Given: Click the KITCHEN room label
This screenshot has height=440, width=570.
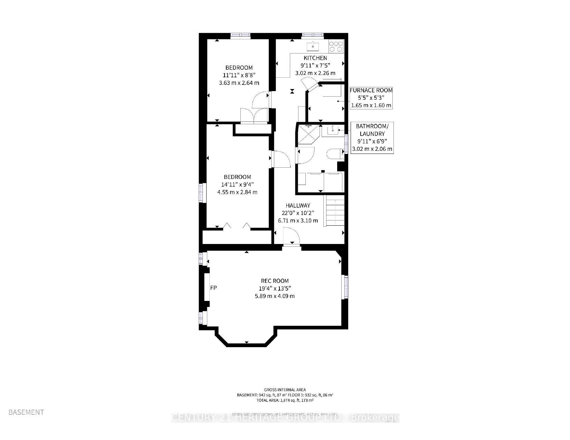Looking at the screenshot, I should [x=315, y=58].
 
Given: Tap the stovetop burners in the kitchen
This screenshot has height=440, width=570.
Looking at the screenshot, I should [x=336, y=46].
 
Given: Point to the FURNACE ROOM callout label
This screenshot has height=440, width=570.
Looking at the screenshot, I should [x=371, y=90].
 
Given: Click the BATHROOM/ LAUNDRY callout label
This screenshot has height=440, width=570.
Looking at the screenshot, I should [x=372, y=130].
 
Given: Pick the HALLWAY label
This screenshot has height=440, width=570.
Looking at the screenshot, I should [x=298, y=205].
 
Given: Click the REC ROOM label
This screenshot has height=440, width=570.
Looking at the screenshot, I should [x=275, y=281].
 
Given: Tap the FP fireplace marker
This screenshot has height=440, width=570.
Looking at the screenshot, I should [x=213, y=288].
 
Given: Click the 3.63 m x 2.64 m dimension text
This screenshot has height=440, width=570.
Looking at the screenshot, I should [x=239, y=83].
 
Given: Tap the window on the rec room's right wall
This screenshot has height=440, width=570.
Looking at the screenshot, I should [x=345, y=286].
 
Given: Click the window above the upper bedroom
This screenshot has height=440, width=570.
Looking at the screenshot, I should [x=240, y=35].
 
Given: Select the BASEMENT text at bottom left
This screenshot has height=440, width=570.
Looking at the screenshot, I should [x=26, y=412].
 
